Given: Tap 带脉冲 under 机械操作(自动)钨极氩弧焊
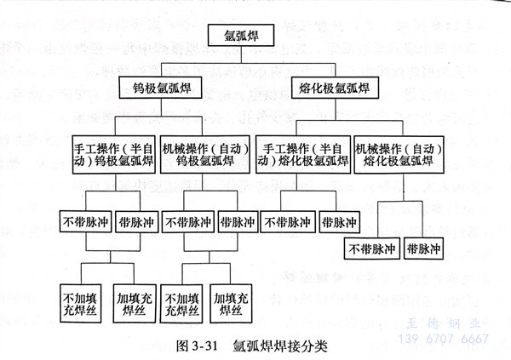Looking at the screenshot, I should pyautogui.click(x=238, y=222).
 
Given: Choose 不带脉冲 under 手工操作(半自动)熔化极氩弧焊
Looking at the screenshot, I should pyautogui.click(x=285, y=222).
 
